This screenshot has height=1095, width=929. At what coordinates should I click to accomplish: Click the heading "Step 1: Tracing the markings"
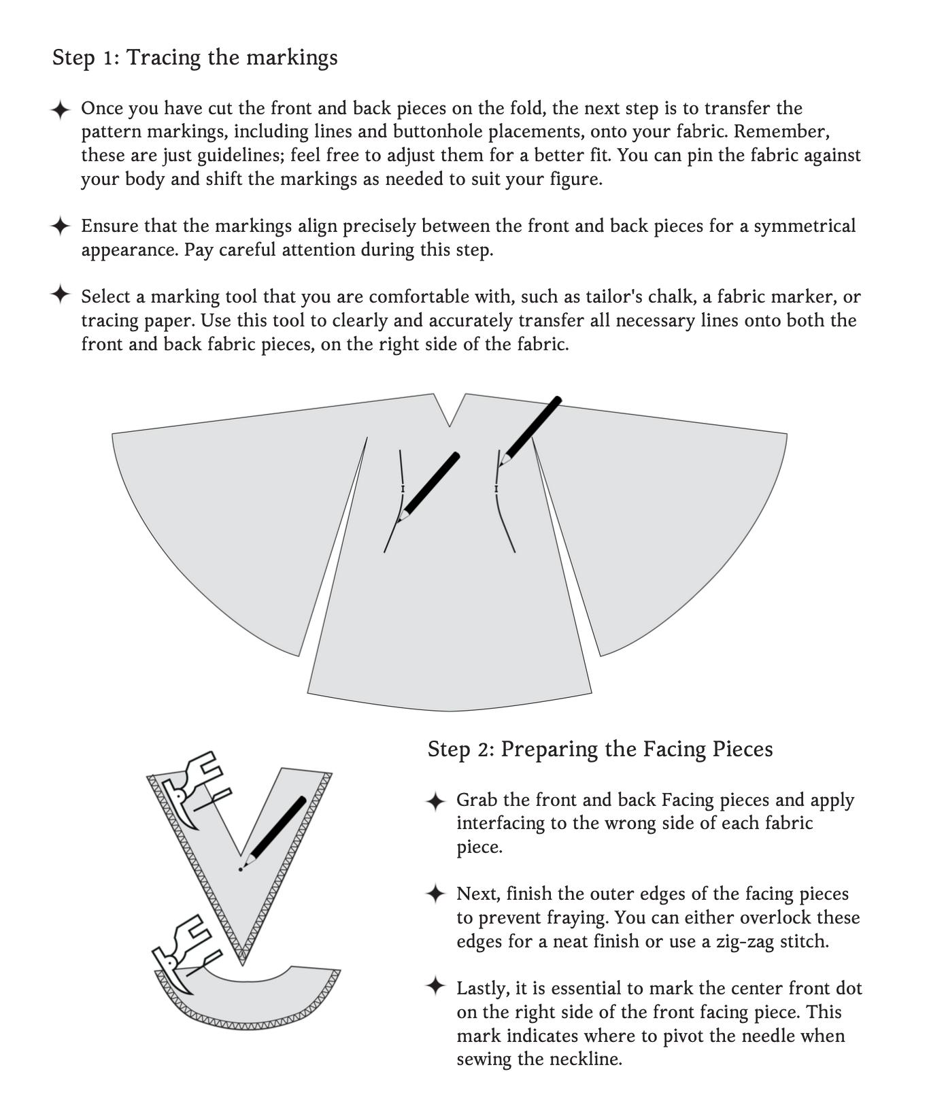point(195,57)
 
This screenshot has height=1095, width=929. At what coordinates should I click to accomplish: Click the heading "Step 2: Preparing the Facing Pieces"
point(600,749)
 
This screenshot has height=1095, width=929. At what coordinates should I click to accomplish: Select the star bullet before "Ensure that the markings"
point(61,226)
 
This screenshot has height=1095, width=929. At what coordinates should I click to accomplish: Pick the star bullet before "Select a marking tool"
point(61,295)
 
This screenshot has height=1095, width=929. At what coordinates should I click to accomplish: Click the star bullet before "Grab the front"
point(435,801)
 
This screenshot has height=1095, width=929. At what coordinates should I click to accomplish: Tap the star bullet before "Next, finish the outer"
point(435,894)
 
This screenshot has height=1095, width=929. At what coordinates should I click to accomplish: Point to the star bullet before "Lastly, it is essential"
point(435,988)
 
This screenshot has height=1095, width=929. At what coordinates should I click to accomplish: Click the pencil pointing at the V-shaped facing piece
point(275,831)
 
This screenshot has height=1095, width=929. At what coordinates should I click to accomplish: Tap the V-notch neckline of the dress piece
point(450,415)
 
